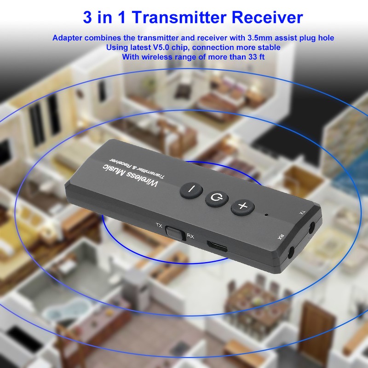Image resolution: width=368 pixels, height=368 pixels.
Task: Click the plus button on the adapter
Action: click(x=242, y=207)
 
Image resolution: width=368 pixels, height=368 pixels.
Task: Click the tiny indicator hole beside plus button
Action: click(x=266, y=214)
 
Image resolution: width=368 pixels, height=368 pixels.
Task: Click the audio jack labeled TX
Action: click(x=313, y=227)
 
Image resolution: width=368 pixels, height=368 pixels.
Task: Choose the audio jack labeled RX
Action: click(x=291, y=252)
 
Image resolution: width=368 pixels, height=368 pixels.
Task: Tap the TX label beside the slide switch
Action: click(x=159, y=225)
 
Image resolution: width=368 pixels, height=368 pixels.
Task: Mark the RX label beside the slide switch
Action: click(x=190, y=236)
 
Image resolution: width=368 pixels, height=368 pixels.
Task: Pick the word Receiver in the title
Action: click(x=267, y=17)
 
